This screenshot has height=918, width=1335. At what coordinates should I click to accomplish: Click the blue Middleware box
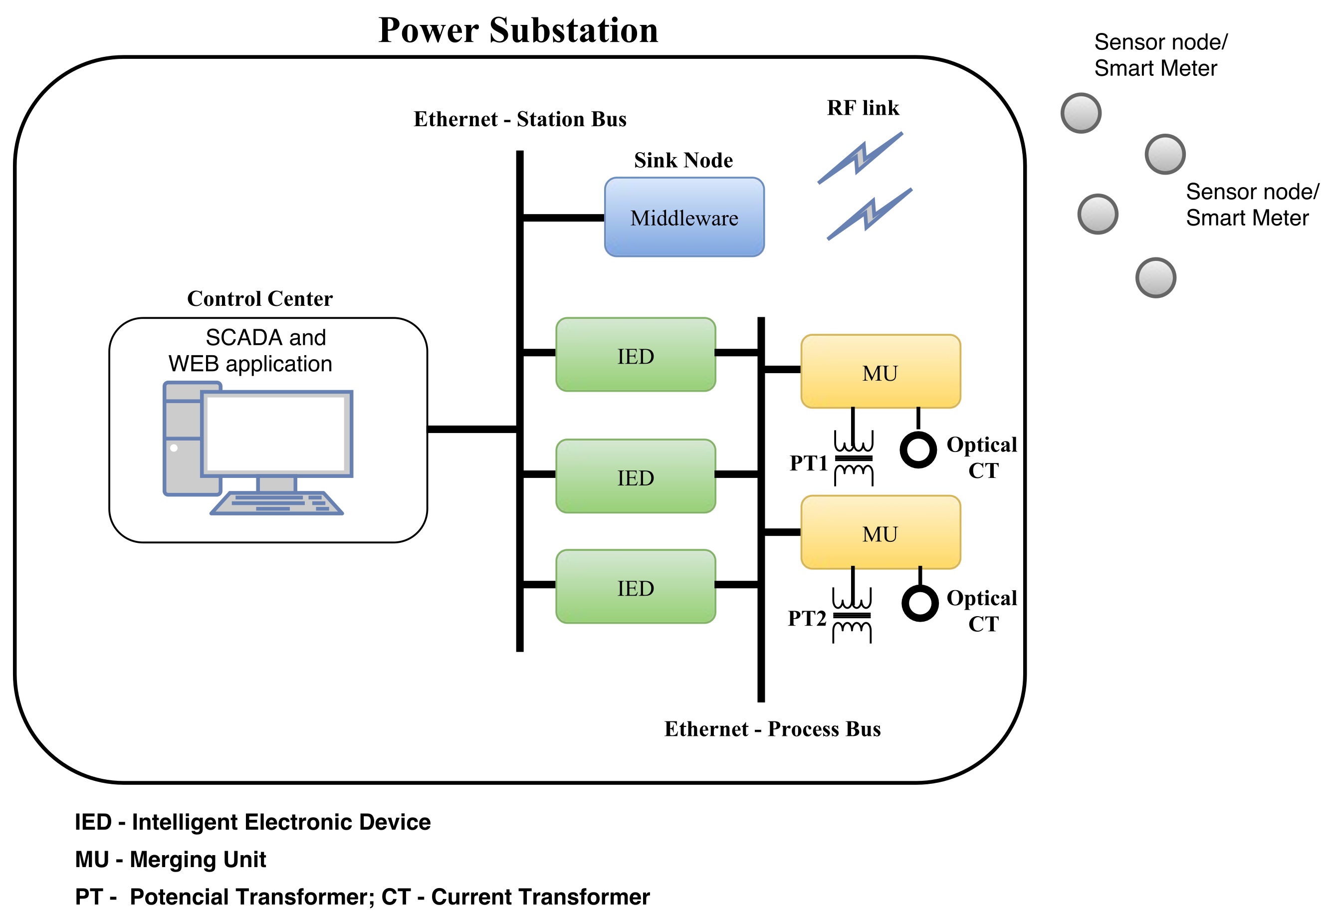coord(684,217)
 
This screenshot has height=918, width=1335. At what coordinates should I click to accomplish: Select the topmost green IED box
coord(635,354)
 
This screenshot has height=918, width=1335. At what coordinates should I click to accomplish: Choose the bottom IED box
coord(635,586)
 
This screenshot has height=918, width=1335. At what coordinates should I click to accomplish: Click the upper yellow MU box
coord(880,372)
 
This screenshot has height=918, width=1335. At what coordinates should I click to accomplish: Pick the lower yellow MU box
coord(880,533)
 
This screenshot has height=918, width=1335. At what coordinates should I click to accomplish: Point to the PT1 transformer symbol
coord(854,459)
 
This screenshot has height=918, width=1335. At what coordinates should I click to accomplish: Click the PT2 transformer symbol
coord(852,615)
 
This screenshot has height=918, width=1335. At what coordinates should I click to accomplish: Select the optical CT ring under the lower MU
coord(920,603)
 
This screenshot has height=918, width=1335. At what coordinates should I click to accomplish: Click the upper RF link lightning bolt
coord(860,158)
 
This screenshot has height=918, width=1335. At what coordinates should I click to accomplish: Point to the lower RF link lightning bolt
coord(870,214)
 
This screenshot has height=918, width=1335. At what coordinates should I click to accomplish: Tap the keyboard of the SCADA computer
coord(277,503)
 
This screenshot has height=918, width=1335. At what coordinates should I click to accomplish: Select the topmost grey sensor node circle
coord(1081,113)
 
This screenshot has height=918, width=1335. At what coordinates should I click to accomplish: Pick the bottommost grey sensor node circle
coord(1155,278)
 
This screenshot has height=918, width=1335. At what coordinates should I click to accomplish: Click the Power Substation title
coord(518,30)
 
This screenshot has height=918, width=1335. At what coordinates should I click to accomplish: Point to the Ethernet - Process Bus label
coord(772,729)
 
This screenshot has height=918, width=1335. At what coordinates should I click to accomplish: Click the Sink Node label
coord(683,160)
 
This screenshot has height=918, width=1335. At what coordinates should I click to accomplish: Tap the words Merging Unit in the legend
coord(198,859)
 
